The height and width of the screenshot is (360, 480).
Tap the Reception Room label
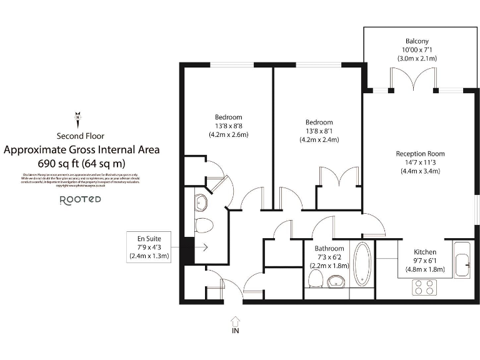click(x=420, y=154)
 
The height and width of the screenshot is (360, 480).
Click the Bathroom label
click(x=329, y=249)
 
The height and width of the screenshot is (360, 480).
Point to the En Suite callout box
click(x=149, y=247)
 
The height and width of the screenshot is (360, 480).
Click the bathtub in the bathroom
click(x=362, y=264)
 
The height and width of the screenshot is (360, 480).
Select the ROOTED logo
click(x=80, y=200)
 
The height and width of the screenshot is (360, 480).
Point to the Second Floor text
click(x=81, y=136)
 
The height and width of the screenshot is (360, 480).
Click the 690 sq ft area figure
click(x=81, y=163)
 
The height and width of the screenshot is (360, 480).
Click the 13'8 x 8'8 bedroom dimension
click(x=228, y=126)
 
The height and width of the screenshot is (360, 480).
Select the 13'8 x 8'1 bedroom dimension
click(x=319, y=131)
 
